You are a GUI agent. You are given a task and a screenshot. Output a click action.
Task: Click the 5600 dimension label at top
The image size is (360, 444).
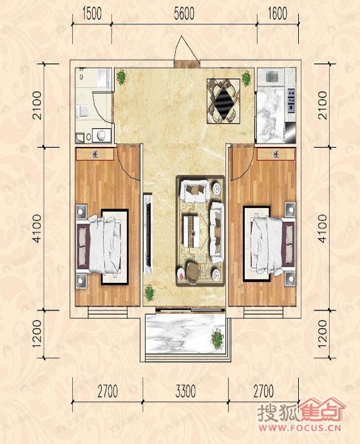coord(184,14)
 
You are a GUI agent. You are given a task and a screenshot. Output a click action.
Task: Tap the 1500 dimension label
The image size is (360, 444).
coord(92,14)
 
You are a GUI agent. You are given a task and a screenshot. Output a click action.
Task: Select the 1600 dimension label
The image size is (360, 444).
coord(278,14)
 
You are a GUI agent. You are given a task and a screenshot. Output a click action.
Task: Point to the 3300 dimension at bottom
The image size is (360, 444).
coord(185,391)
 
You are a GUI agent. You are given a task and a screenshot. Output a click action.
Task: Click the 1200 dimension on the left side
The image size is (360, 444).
coord(37,334)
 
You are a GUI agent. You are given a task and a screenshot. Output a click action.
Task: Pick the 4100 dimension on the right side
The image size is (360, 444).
coord(323,229)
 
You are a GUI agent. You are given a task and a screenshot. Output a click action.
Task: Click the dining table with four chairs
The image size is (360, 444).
coord(223,101)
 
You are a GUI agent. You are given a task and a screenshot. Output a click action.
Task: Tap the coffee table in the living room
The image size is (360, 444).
coord(191,231)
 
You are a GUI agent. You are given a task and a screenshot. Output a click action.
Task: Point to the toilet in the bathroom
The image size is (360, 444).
coord(82,111)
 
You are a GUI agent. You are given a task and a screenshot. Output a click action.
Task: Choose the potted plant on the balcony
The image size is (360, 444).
coord(217,339)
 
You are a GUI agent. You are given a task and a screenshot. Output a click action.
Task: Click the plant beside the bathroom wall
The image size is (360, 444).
coord(122,77)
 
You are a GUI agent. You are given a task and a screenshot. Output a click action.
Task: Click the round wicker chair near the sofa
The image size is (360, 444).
coord(193,272)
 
